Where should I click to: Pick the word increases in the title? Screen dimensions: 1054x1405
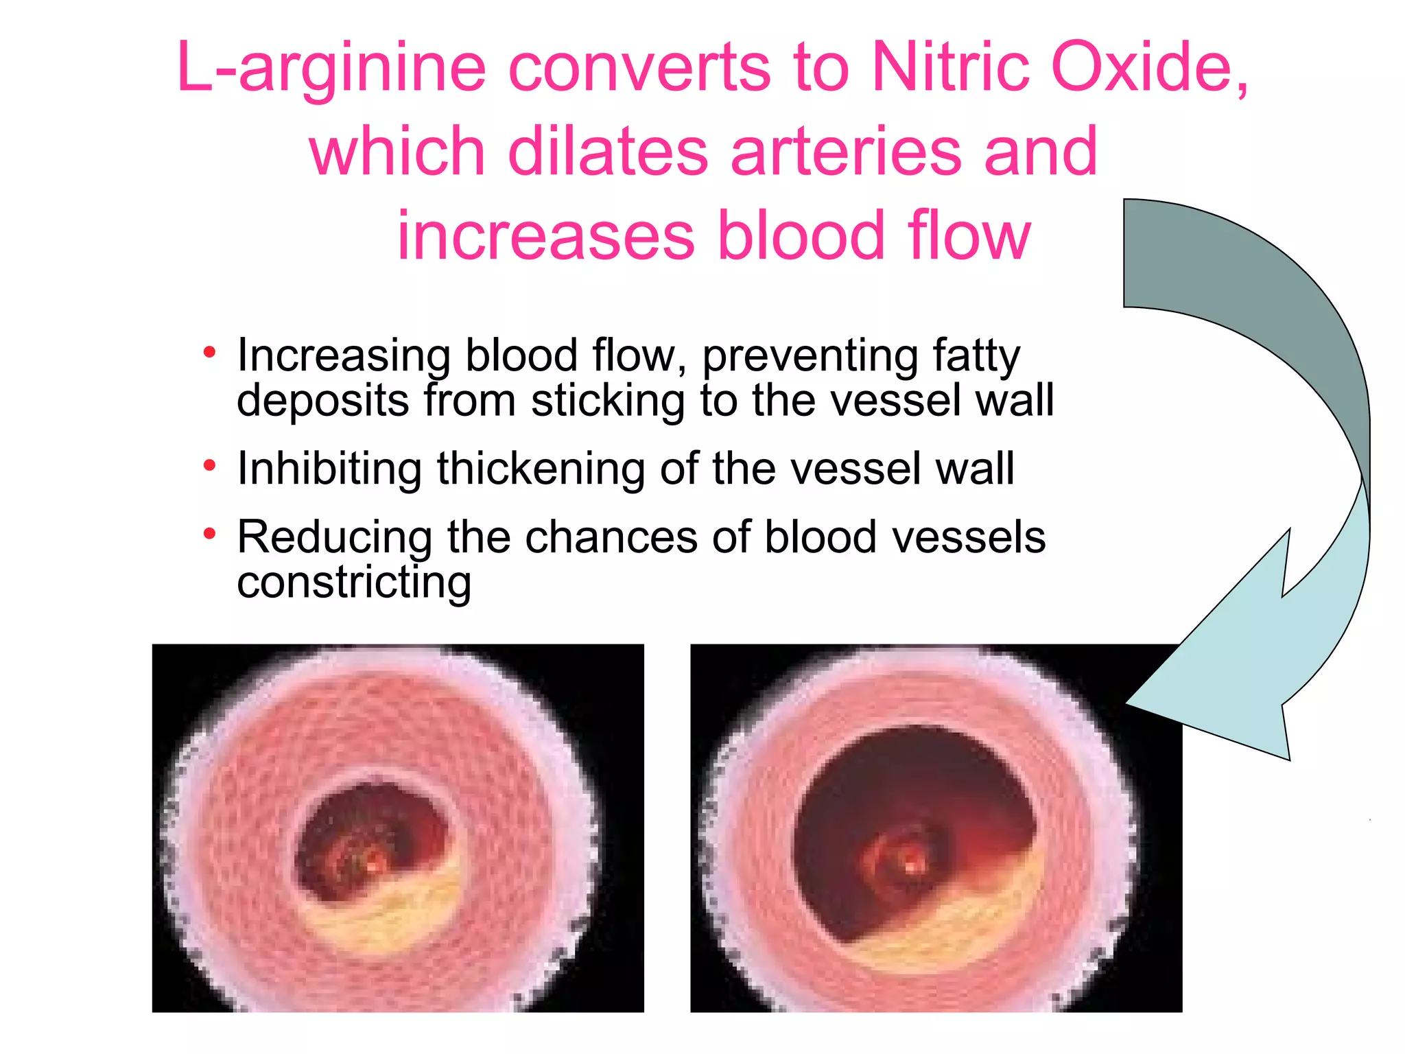tap(545, 236)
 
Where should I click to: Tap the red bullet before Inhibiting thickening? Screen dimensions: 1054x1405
tap(210, 467)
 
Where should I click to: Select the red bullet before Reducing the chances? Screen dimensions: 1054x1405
tap(210, 534)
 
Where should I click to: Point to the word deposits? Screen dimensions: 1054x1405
tap(323, 401)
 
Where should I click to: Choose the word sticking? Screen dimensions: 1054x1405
tap(607, 401)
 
